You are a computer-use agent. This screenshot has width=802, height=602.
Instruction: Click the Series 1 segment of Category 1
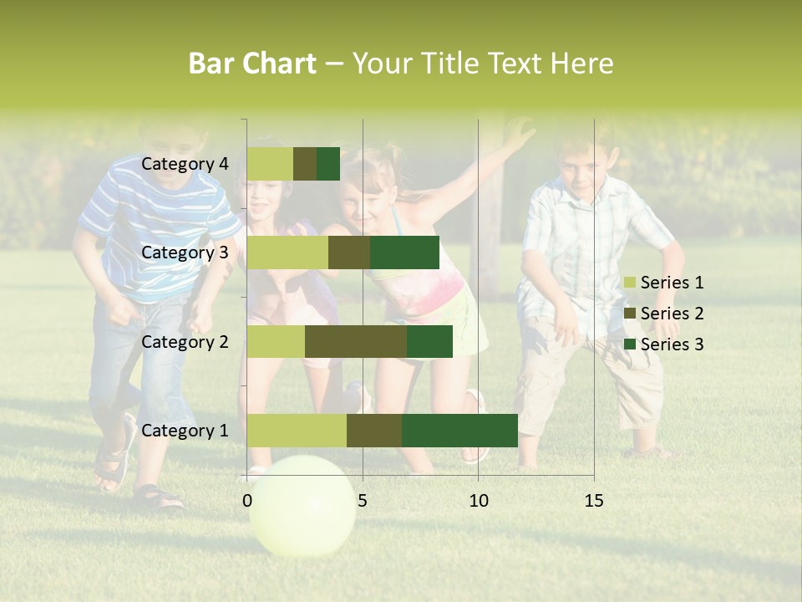click(x=297, y=431)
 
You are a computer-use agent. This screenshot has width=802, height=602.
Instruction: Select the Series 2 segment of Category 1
click(x=373, y=431)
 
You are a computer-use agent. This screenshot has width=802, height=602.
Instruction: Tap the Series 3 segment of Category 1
click(x=459, y=431)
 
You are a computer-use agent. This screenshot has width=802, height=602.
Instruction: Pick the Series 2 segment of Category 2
click(x=355, y=341)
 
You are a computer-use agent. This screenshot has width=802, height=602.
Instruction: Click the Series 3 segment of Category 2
click(x=429, y=341)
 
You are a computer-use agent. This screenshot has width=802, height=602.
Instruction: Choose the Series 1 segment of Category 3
click(x=287, y=253)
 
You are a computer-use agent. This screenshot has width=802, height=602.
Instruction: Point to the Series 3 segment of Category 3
click(x=404, y=253)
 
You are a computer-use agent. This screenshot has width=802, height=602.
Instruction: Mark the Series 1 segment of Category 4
click(x=270, y=164)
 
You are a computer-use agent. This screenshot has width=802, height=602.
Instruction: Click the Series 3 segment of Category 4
click(x=328, y=164)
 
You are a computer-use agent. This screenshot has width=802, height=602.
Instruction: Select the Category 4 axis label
click(x=185, y=164)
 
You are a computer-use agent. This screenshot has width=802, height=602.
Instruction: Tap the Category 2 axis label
click(x=185, y=341)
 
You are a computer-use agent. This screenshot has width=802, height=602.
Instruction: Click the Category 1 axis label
click(x=185, y=431)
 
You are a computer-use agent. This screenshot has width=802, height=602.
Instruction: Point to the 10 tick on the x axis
click(x=478, y=501)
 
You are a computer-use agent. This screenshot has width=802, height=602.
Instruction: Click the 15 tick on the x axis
click(x=593, y=501)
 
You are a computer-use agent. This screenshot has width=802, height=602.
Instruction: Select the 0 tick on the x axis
click(x=247, y=501)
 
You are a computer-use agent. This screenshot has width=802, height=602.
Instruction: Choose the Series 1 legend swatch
click(x=629, y=283)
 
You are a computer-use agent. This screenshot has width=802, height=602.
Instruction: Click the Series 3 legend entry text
click(x=672, y=344)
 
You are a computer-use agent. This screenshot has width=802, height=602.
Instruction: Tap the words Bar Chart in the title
click(x=251, y=64)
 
